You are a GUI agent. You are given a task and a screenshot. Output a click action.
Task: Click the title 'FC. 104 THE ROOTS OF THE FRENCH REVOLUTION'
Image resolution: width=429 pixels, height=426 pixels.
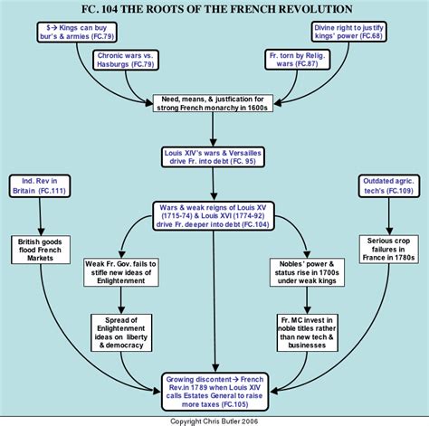click(x=214, y=8)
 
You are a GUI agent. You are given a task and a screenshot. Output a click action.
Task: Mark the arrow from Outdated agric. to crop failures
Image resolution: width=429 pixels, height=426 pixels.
click(x=390, y=218)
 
